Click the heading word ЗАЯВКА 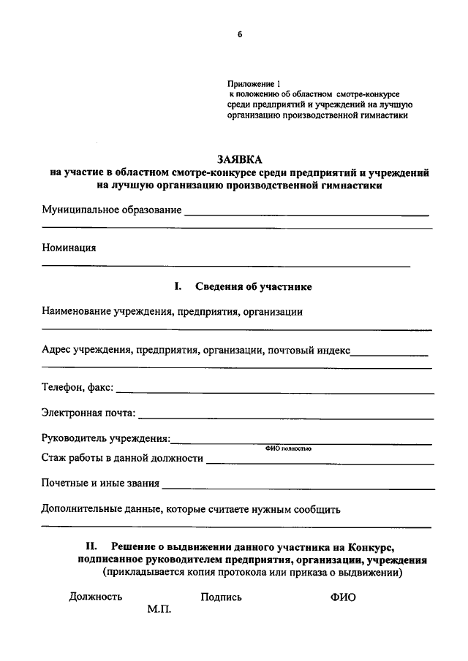tap(238, 158)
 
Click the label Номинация tap(69, 247)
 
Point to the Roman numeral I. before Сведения tap(177, 287)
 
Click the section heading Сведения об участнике tap(254, 287)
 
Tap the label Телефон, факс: tap(78, 387)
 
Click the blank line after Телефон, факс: tap(275, 392)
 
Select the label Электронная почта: tap(88, 413)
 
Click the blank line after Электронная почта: tap(286, 417)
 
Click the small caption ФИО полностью tap(287, 448)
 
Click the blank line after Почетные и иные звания tap(298, 487)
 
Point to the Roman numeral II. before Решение tap(92, 546)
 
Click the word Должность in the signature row tap(95, 597)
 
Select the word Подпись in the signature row tap(221, 597)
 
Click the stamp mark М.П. tap(158, 610)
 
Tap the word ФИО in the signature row tap(343, 597)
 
